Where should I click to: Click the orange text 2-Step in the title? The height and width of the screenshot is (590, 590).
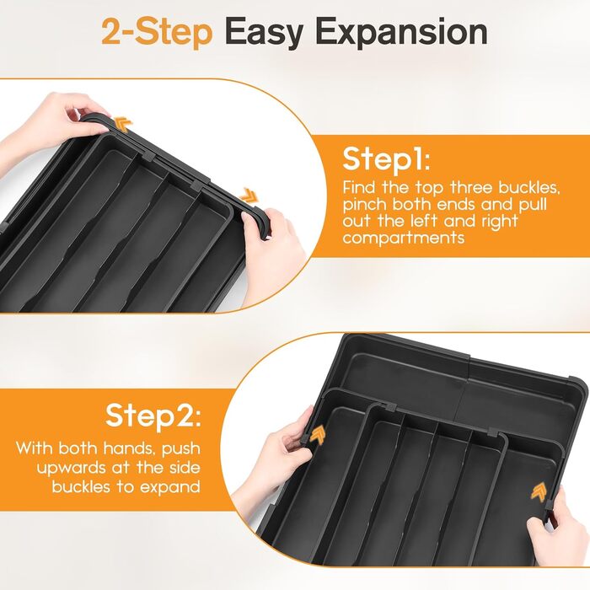(157, 33)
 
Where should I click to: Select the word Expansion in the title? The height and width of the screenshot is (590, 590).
(403, 34)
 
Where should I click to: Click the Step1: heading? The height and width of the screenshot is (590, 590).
(386, 160)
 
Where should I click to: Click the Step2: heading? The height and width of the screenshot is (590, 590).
(153, 416)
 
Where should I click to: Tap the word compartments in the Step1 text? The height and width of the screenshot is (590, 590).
(404, 239)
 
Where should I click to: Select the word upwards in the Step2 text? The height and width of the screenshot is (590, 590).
(72, 469)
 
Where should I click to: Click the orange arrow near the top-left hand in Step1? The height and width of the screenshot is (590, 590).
(124, 123)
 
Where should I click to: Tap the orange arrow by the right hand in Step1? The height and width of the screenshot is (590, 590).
(249, 194)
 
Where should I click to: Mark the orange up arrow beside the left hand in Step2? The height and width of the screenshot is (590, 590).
(316, 436)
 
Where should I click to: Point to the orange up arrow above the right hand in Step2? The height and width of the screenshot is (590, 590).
(539, 491)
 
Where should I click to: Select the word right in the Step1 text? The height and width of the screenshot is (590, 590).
(500, 222)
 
